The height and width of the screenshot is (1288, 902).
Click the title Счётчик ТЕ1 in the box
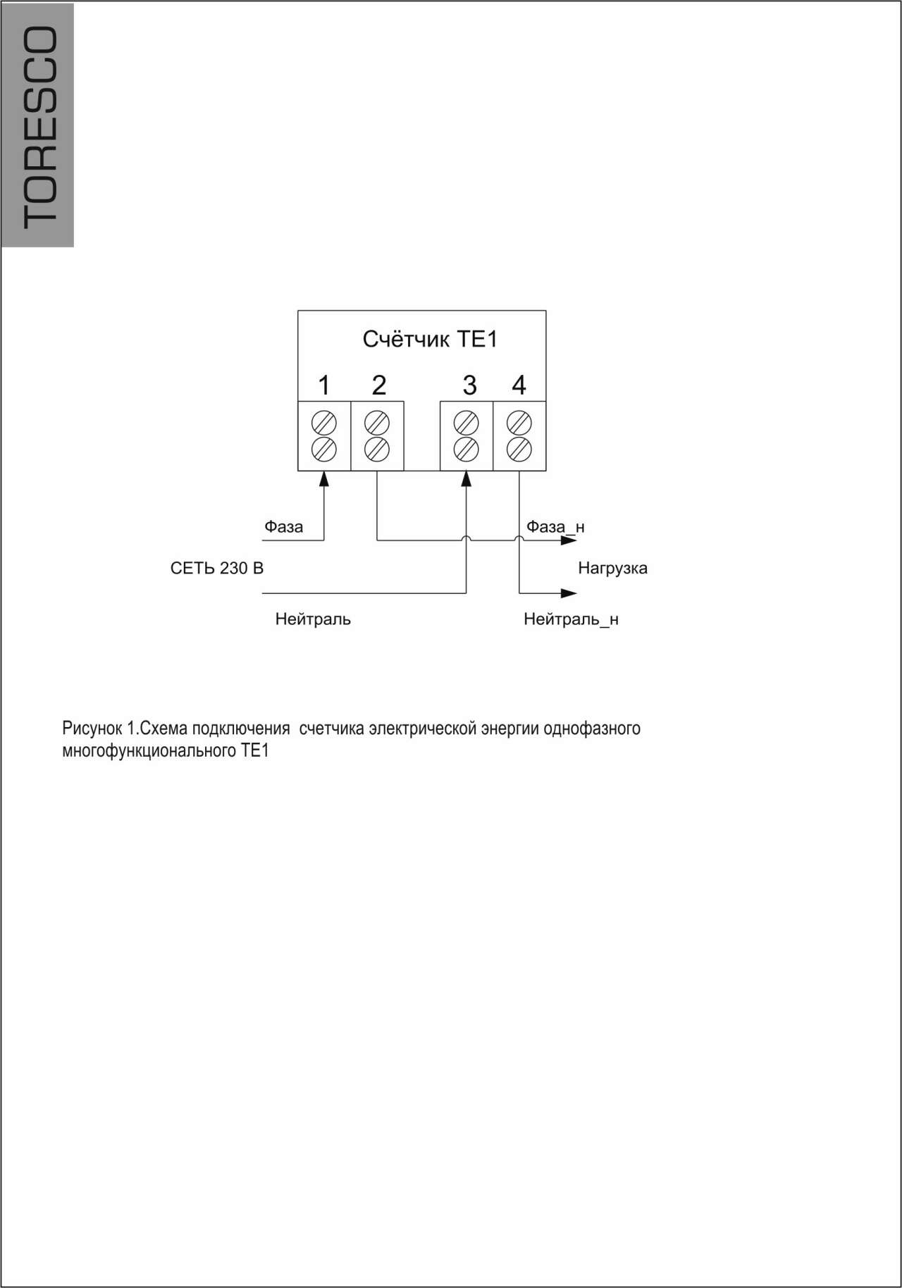(430, 340)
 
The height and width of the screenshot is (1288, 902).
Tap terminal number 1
(324, 385)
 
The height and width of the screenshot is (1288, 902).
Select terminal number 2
(378, 385)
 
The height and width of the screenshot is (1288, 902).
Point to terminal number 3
(469, 385)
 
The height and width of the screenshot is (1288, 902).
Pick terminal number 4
(519, 385)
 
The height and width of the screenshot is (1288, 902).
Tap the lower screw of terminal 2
(378, 448)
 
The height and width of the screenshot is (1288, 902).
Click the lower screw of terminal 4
(519, 448)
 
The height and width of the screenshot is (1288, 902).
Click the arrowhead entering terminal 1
(324, 479)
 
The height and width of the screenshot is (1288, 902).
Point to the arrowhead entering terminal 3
(466, 479)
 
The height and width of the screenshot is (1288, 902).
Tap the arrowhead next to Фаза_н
(569, 540)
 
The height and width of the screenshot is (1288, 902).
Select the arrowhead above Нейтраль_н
(569, 593)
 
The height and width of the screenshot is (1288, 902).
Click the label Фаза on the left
(284, 526)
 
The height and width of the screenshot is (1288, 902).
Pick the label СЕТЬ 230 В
(217, 568)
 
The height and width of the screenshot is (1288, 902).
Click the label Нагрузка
(612, 568)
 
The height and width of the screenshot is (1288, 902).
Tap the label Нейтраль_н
(571, 619)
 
